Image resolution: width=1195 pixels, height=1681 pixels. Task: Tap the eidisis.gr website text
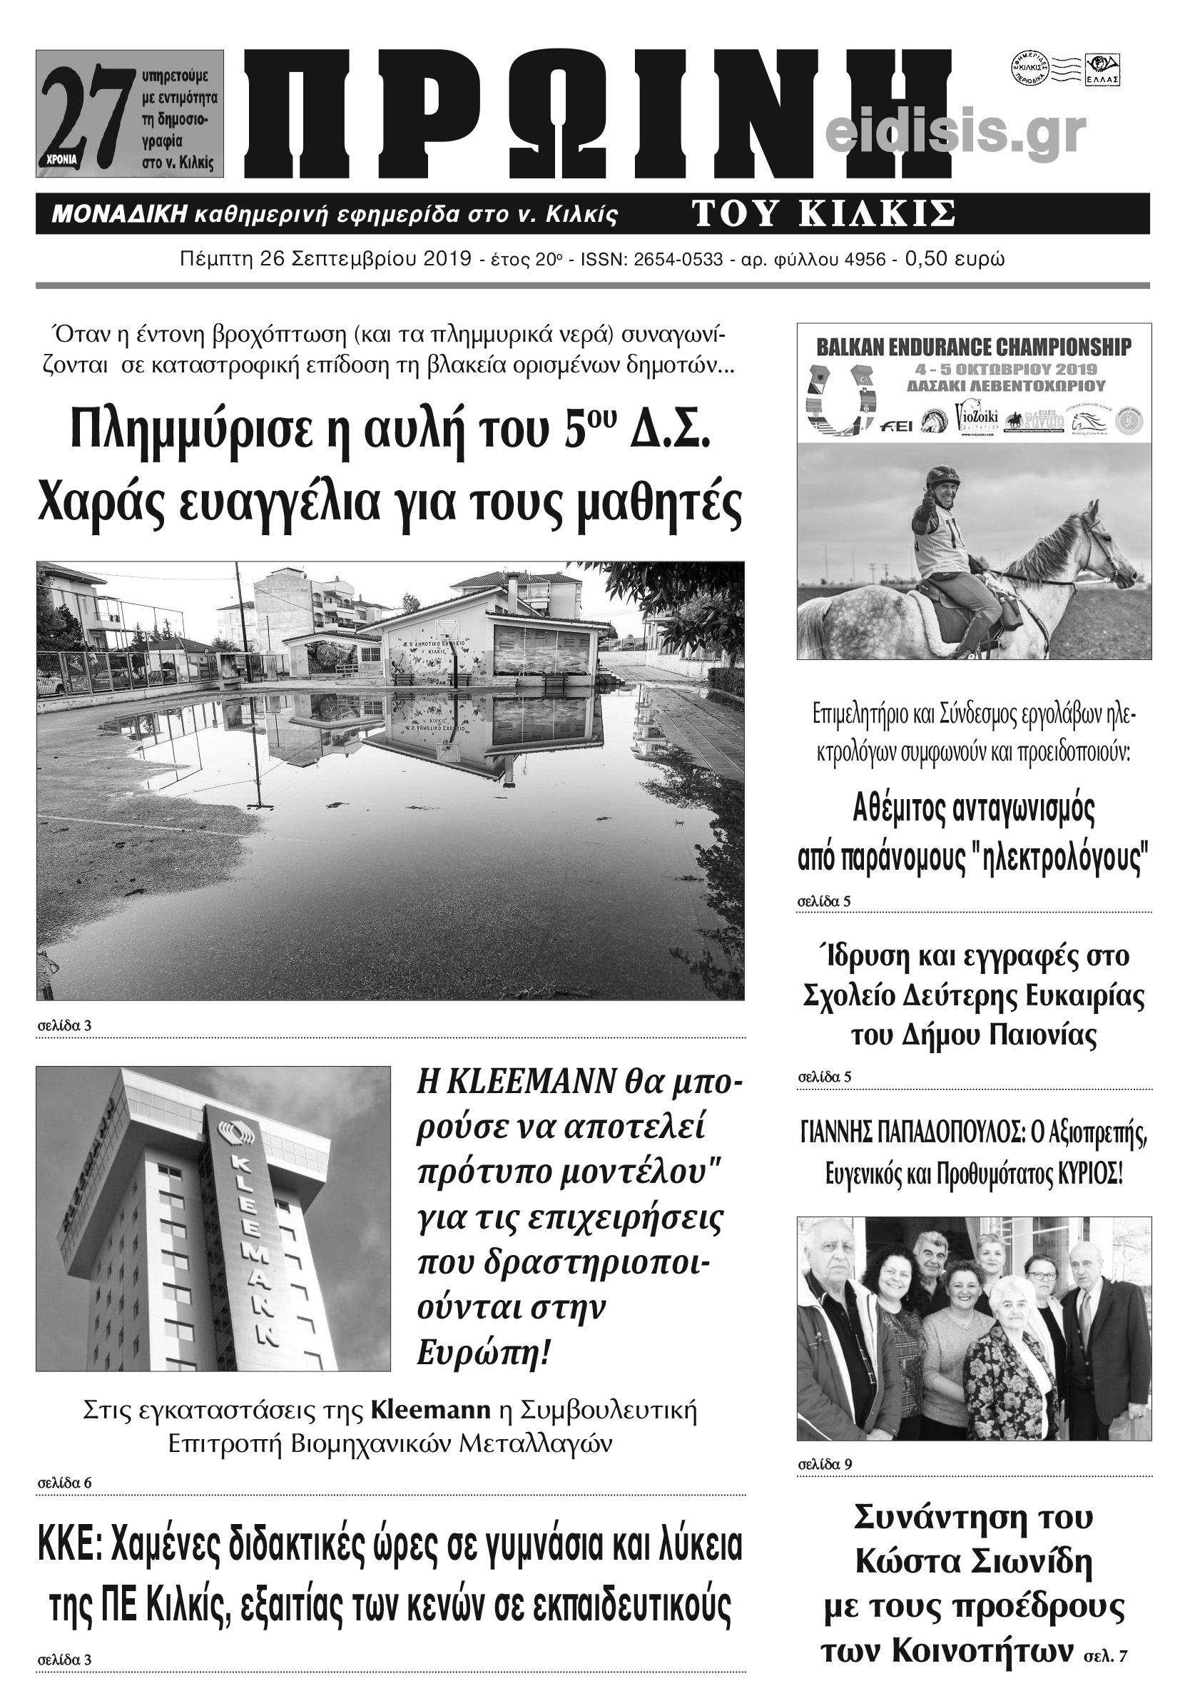click(956, 133)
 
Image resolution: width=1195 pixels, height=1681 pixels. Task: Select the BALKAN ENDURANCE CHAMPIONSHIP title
click(975, 347)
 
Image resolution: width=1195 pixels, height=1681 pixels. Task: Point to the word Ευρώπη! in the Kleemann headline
click(484, 1353)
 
